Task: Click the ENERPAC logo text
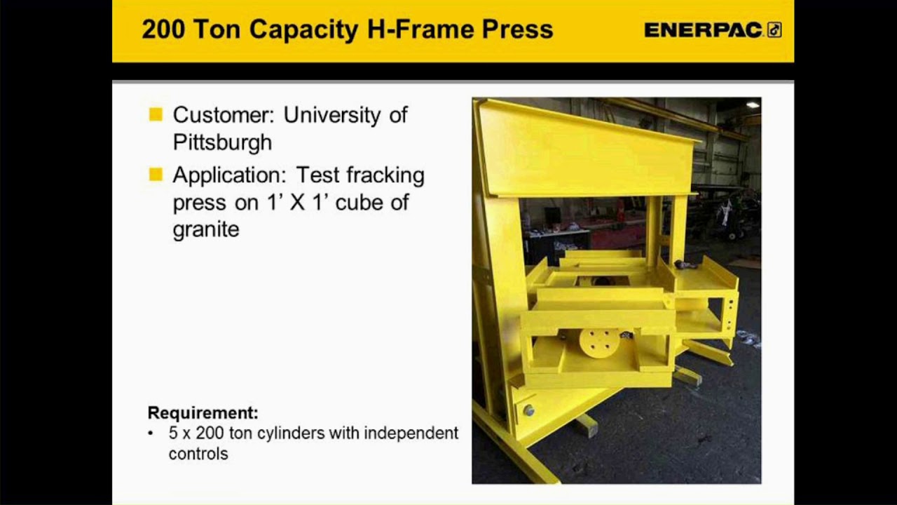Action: [704, 29]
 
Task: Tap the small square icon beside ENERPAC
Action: [774, 29]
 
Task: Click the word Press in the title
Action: [520, 29]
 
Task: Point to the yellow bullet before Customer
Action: [156, 114]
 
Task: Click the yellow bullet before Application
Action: [156, 174]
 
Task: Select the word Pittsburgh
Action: [222, 142]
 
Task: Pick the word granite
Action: [206, 229]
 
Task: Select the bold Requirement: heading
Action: [203, 412]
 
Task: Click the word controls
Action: [198, 454]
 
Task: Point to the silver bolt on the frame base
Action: [528, 410]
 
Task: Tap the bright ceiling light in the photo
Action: [753, 105]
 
